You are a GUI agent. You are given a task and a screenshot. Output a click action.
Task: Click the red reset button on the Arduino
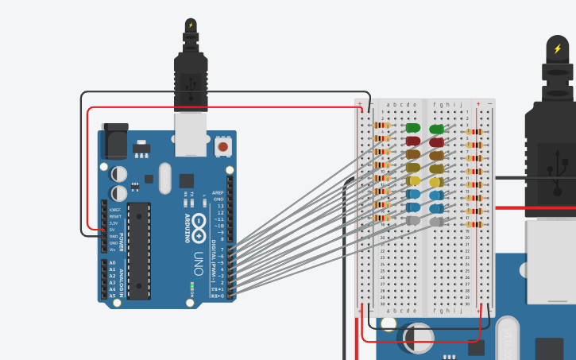coord(223,146)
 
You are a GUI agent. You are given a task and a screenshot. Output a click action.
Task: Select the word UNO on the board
coord(199,259)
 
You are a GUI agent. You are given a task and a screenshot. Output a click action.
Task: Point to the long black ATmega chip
coord(138,250)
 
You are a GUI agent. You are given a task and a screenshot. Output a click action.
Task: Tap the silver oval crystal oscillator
coord(164,176)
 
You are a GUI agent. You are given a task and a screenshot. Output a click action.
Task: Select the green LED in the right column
coord(436,129)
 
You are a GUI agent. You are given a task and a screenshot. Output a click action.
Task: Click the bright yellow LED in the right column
coord(436,182)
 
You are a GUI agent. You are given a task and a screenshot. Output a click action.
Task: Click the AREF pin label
coord(218,192)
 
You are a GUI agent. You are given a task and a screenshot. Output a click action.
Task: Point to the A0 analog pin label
coord(111,262)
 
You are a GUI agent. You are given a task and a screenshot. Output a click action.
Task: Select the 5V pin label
coord(112,230)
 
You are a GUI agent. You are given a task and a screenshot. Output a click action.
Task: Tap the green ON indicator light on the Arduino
coord(192,286)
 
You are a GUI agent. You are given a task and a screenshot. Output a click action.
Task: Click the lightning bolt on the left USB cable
coord(191,25)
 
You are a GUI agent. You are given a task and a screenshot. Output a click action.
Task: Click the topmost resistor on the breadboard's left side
coord(382,126)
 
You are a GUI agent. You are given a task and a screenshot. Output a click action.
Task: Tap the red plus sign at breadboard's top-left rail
coord(360,104)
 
